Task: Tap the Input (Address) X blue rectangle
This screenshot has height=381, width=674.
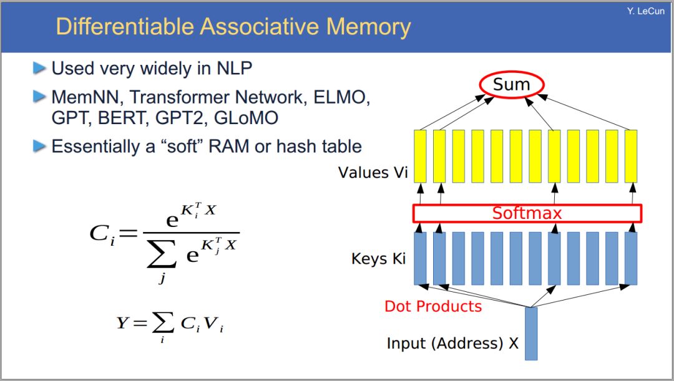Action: point(531,334)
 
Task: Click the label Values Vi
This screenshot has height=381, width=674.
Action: point(373,172)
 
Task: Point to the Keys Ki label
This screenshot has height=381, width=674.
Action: point(379,259)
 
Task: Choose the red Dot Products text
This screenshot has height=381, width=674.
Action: point(433,306)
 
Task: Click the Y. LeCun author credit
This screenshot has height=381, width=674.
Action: point(646,11)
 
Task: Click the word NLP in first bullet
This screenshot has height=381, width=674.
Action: point(234,69)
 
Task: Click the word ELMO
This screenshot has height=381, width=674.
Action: point(341,97)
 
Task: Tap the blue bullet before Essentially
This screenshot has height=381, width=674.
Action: point(39,146)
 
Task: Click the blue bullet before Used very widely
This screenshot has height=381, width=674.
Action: point(39,68)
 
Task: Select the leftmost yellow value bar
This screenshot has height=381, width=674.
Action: point(421,157)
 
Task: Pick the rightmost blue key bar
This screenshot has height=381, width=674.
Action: point(631,258)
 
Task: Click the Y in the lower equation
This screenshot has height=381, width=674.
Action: point(122,322)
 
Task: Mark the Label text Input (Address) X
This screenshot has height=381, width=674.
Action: point(452,343)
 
